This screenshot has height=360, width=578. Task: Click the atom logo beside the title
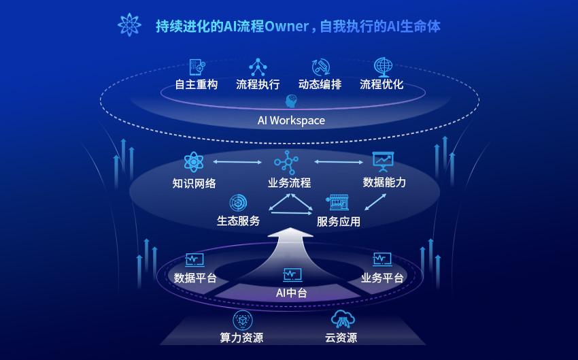click(129, 24)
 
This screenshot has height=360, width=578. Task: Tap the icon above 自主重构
click(197, 67)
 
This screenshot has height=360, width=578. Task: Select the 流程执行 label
click(258, 84)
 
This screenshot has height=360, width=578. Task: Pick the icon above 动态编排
click(320, 67)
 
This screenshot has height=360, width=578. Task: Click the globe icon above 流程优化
click(383, 67)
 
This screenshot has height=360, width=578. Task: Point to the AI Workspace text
click(291, 120)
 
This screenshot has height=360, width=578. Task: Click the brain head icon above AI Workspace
click(291, 101)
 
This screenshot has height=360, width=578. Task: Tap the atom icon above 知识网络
click(194, 162)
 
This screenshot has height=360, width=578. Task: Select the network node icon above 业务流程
click(286, 162)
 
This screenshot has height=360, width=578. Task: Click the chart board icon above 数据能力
click(383, 161)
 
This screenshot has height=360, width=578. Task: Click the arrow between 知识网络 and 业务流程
click(237, 162)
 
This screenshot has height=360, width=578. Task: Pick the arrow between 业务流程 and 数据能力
click(339, 161)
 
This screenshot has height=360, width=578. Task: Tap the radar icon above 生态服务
click(238, 203)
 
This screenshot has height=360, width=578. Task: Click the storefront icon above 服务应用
click(337, 203)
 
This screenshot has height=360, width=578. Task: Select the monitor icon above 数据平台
click(194, 260)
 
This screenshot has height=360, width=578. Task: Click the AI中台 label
click(291, 293)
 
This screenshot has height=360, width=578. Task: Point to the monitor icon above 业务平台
click(382, 259)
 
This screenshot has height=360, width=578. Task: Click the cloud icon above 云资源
click(343, 319)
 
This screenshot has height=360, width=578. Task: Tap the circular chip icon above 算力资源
click(243, 320)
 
